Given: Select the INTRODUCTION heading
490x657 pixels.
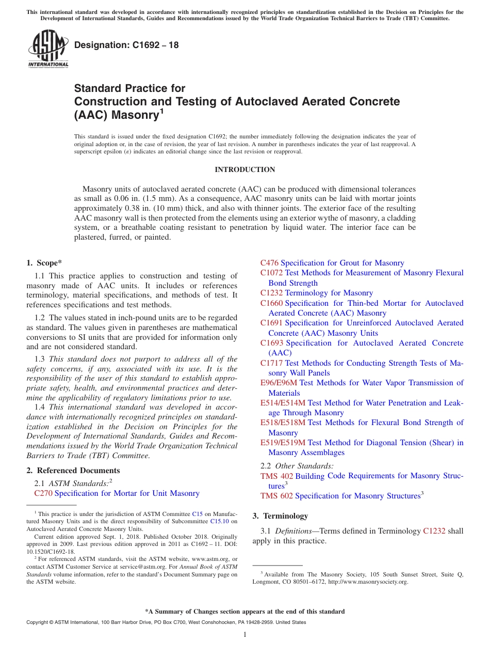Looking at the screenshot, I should click(x=244, y=169).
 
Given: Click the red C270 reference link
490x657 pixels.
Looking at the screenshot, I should click(x=43, y=494).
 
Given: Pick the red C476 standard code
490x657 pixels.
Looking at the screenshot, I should click(x=269, y=263).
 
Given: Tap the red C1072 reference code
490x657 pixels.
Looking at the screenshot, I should click(x=271, y=273).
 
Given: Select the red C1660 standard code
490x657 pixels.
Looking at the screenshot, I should click(x=271, y=303).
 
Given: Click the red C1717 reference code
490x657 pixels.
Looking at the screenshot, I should click(x=271, y=363).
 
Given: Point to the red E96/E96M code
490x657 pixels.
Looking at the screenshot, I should click(x=279, y=383).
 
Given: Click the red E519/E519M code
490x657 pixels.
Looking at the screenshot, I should click(x=283, y=443).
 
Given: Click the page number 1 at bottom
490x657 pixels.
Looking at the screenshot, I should click(x=245, y=634).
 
